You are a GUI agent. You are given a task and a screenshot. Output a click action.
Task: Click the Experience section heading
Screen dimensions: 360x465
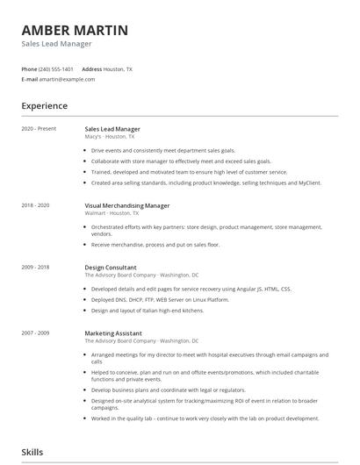point(45,106)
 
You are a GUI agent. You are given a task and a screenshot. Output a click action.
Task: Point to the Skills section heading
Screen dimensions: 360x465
point(32,452)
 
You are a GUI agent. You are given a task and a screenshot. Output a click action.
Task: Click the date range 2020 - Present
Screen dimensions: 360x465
point(39,129)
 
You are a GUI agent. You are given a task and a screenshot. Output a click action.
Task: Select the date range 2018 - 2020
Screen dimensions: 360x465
point(35,204)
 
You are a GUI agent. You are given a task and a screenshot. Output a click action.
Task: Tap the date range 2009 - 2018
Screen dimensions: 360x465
point(35,267)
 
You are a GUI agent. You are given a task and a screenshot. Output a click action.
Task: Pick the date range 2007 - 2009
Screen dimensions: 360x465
point(35,333)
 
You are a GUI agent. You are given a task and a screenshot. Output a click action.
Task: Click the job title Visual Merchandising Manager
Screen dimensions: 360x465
point(126,204)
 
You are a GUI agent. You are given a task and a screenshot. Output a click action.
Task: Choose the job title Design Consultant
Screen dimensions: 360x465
point(111,267)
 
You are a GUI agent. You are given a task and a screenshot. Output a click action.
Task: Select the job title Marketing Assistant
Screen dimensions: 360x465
point(114,333)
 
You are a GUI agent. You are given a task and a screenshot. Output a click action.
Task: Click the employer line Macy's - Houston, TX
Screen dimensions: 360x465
point(110,137)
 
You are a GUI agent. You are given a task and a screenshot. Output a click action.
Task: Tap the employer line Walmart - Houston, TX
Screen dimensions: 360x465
point(112,212)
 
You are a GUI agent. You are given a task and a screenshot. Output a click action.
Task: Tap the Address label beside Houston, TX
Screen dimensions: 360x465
point(92,68)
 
